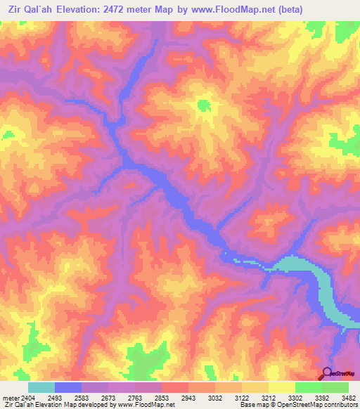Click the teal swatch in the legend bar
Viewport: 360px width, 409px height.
[x=41, y=388]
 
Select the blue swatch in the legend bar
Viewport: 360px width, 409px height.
[x=68, y=388]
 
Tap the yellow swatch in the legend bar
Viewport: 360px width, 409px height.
[x=282, y=388]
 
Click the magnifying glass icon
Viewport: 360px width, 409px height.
[x=326, y=373]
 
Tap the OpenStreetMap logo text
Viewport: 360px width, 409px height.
[x=344, y=375]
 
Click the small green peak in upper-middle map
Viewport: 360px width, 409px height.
[x=203, y=105]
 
